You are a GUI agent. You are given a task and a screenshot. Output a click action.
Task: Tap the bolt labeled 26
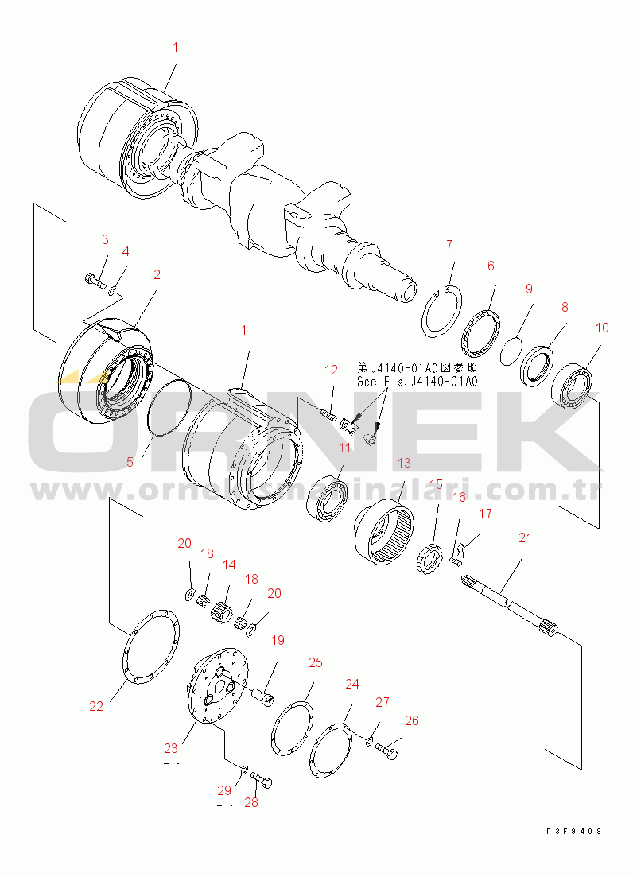click(387, 749)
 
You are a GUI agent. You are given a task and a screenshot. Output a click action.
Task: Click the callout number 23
click(172, 747)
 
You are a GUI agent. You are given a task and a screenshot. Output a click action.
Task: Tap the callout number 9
click(528, 289)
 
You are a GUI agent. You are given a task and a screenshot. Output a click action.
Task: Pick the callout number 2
click(157, 274)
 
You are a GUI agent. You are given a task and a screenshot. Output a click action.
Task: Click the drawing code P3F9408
click(573, 831)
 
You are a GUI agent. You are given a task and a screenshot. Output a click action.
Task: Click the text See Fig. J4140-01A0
click(417, 382)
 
